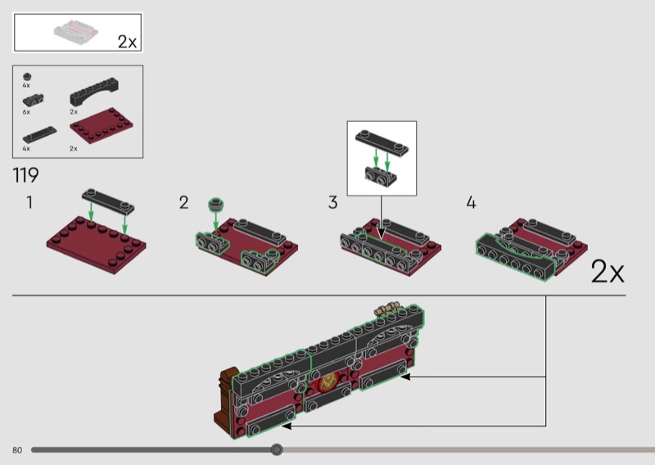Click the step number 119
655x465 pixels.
[26, 174]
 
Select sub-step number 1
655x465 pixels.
[29, 202]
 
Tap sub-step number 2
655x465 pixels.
[183, 203]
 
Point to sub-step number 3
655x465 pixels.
[332, 203]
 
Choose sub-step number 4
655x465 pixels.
[472, 203]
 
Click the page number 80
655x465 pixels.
[17, 450]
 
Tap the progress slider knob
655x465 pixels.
[276, 449]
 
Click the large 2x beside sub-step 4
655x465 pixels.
[608, 272]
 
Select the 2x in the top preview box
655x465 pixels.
[127, 42]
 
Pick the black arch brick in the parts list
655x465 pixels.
[94, 92]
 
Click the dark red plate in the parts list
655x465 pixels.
[102, 125]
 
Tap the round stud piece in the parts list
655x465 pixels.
[27, 76]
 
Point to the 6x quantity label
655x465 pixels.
[26, 112]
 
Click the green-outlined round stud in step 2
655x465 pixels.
[216, 204]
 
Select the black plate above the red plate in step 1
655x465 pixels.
[108, 201]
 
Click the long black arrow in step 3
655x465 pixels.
[381, 217]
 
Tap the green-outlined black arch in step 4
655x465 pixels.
[516, 257]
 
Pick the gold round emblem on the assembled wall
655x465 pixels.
[327, 381]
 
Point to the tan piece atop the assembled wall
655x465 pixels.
[387, 309]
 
